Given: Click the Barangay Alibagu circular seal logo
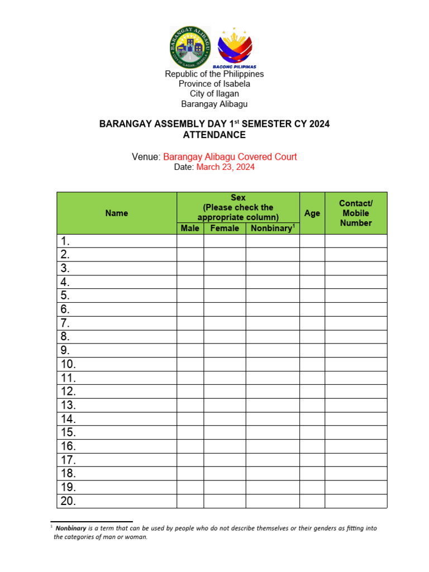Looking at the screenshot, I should (x=190, y=47).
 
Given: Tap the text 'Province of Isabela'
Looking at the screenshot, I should (x=214, y=84).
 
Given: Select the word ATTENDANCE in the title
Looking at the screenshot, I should (x=214, y=135).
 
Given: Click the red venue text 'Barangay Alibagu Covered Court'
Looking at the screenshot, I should (x=230, y=157).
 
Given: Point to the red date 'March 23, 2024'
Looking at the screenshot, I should (x=225, y=167).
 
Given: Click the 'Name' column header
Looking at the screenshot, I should (x=117, y=213).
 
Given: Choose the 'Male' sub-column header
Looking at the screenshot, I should (x=190, y=228).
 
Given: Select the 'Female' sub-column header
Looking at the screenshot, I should (x=225, y=228).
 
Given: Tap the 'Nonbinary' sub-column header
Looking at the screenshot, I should (x=272, y=228).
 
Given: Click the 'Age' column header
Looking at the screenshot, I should (x=312, y=213).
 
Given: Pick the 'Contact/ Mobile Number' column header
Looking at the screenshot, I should (x=356, y=213).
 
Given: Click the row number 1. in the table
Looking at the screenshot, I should (x=66, y=241).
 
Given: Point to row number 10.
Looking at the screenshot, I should (x=68, y=364).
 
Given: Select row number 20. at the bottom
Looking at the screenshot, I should (x=68, y=501).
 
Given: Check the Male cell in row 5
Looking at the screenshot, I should (x=190, y=295).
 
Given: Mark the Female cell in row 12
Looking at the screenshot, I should (x=225, y=392).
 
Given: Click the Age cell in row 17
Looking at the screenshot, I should (x=312, y=460).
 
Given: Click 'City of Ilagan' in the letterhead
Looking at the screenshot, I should (x=214, y=94).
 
